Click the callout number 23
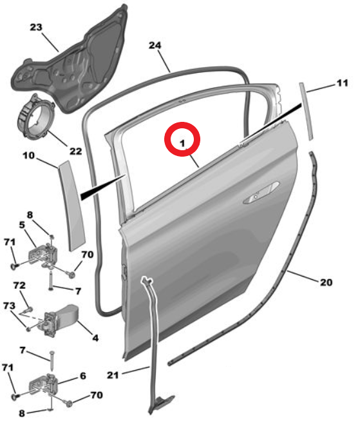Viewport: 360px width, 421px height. pos(36,27)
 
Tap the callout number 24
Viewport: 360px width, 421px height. pos(155,45)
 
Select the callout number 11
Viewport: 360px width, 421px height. pos(342,83)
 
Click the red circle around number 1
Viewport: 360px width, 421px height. pos(182,139)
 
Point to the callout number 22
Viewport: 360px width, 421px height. pos(75,152)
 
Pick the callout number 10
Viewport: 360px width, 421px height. pos(29,155)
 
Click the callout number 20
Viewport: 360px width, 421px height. pos(326,282)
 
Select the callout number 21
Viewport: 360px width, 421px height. pos(113,375)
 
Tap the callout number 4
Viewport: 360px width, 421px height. pos(95,338)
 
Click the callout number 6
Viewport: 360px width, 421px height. pos(83,376)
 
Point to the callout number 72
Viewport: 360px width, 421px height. pos(19,286)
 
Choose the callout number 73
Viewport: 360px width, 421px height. pos(9,306)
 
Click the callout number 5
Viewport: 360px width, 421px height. pos(22,225)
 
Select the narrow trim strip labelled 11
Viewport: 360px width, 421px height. pos(306,111)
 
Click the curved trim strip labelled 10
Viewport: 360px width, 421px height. pos(71,206)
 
